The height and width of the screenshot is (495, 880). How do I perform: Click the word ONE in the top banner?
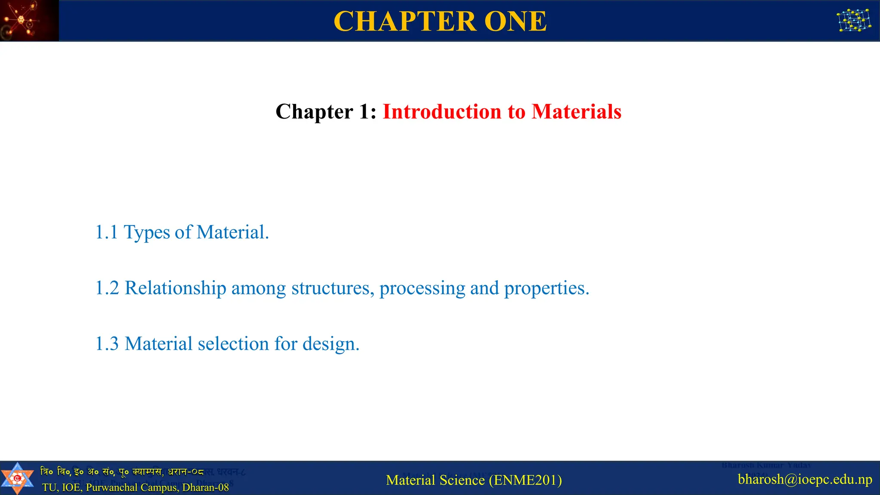515,21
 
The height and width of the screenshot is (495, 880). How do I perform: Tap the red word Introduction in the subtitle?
442,112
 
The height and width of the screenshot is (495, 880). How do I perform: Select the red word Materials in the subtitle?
576,112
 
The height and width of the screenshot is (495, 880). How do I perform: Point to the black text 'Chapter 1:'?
326,112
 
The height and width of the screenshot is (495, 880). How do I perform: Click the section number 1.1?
106,232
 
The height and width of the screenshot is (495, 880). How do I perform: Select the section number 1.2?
107,288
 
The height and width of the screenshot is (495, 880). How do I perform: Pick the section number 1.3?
107,344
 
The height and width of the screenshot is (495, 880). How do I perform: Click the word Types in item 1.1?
147,232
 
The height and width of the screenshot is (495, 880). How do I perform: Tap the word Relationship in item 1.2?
175,288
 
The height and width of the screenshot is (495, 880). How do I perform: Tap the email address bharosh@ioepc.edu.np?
805,479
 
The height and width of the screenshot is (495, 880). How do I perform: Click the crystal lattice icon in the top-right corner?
854,21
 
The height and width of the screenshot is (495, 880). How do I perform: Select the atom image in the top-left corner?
29,21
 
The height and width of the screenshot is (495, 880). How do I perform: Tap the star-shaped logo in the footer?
17,478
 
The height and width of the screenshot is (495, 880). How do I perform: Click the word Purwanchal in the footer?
113,487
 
